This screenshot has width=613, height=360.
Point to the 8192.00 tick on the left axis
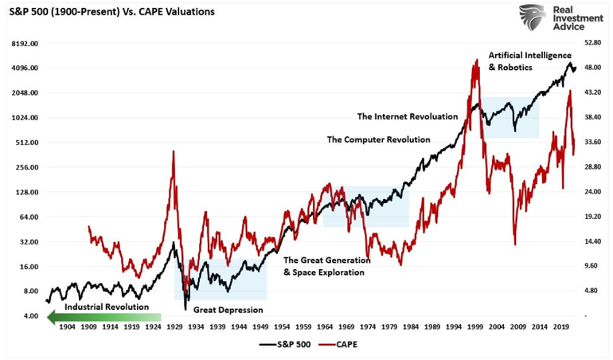point(25,43)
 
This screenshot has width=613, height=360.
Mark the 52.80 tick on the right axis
point(592,43)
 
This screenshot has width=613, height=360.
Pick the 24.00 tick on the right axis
point(592,192)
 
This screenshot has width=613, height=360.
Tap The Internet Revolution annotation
point(408,116)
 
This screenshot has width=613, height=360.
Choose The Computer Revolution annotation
point(379,139)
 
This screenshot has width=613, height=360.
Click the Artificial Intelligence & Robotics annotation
point(529,61)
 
